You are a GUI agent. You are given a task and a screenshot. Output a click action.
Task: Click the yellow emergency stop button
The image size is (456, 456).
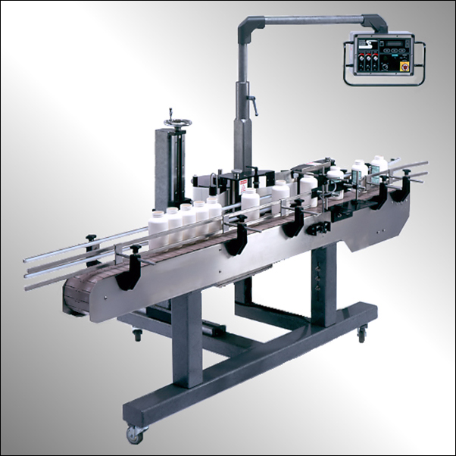pos(406,67)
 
